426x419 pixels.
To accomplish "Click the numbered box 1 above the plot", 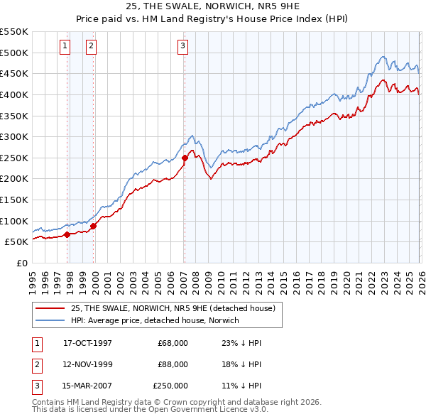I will (65, 47).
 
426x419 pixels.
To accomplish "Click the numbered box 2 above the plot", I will (92, 47).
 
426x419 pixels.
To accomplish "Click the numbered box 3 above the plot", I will (182, 47).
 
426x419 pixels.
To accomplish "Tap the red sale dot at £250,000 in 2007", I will (185, 158).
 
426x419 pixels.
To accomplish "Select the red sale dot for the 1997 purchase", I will (67, 234).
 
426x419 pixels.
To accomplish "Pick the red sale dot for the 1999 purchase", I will (93, 226).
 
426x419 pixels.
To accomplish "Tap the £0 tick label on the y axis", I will (21, 263).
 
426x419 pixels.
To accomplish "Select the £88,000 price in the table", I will (170, 364).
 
